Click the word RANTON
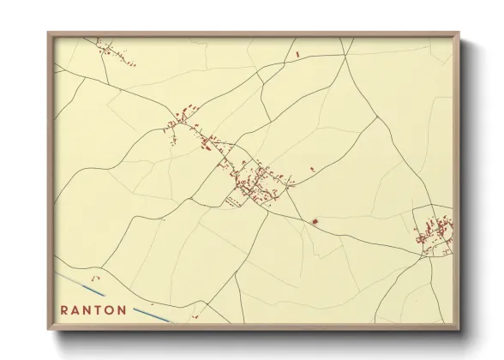click(x=94, y=310)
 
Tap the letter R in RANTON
click(x=65, y=310)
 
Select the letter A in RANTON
click(x=77, y=310)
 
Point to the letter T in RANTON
click(x=99, y=310)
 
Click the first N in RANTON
click(x=88, y=310)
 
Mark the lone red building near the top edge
click(x=297, y=55)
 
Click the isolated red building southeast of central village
click(x=315, y=222)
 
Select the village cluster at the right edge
click(x=435, y=231)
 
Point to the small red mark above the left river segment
click(x=97, y=277)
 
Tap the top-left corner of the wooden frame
click(x=49, y=33)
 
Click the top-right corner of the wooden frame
click(x=459, y=33)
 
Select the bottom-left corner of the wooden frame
click(x=49, y=329)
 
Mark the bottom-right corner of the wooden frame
click(x=459, y=329)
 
